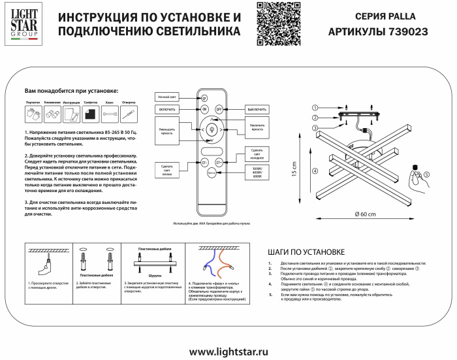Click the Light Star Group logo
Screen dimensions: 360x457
22,24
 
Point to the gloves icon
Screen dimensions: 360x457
33,114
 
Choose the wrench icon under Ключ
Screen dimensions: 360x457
110,114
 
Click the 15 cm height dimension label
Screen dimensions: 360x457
294,170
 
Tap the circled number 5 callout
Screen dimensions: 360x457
426,174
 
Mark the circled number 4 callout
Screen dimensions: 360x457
315,172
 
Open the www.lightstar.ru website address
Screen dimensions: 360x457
228,352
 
